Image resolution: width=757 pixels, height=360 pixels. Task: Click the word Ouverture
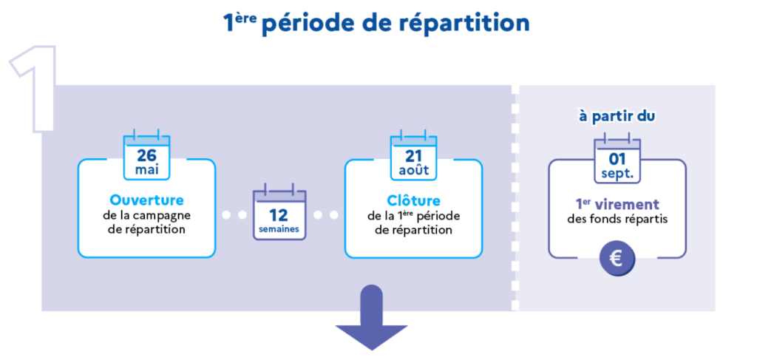146,200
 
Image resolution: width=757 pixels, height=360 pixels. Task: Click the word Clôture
413,200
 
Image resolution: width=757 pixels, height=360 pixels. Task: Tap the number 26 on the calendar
146,155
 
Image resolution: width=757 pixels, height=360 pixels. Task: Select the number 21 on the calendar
413,155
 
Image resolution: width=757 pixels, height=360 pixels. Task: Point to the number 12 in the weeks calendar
279,215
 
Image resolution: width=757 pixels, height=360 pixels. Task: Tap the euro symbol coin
617,258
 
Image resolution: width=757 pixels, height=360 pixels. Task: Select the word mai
146,171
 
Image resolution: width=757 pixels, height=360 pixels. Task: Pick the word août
413,171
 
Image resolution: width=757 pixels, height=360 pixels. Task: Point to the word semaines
279,230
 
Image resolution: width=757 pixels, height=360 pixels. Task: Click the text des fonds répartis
617,219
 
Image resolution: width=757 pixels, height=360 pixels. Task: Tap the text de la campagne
146,215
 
